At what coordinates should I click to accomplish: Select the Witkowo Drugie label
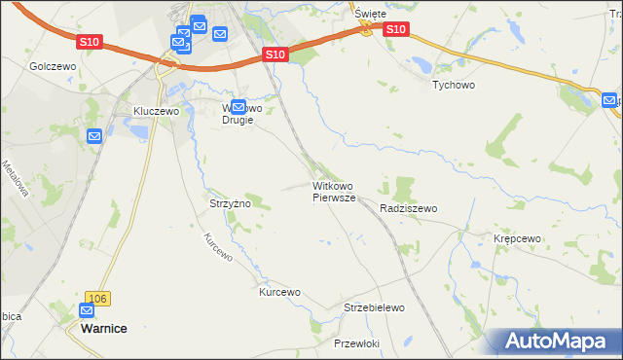tap(238, 114)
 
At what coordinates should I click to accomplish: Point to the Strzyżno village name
tap(231, 203)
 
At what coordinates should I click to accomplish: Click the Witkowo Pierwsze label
tap(334, 191)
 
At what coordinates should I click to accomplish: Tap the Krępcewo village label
tap(517, 238)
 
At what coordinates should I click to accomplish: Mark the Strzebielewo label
tap(374, 307)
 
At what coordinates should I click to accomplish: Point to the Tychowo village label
tap(453, 84)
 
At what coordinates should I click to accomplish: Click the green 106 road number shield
tap(95, 298)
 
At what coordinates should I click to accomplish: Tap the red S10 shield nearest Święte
tap(395, 30)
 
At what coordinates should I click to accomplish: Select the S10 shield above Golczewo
tap(91, 42)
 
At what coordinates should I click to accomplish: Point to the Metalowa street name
tap(15, 179)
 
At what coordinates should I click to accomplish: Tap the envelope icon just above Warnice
tap(87, 310)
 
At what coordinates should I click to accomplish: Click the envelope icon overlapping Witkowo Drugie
tap(238, 105)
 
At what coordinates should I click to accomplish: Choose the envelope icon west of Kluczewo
tap(93, 136)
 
